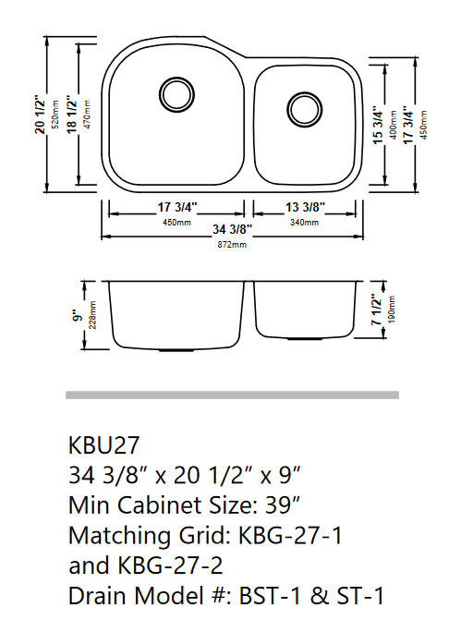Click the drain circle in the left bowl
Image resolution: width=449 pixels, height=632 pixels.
pos(174,91)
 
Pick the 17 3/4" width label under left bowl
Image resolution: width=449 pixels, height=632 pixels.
pos(172,208)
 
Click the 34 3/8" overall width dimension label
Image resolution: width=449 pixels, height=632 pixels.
pos(233,228)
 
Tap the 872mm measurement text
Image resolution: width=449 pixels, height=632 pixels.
pos(233,245)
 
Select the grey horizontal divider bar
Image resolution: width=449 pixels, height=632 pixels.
pos(232,395)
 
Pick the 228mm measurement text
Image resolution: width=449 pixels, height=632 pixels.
pos(92,316)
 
